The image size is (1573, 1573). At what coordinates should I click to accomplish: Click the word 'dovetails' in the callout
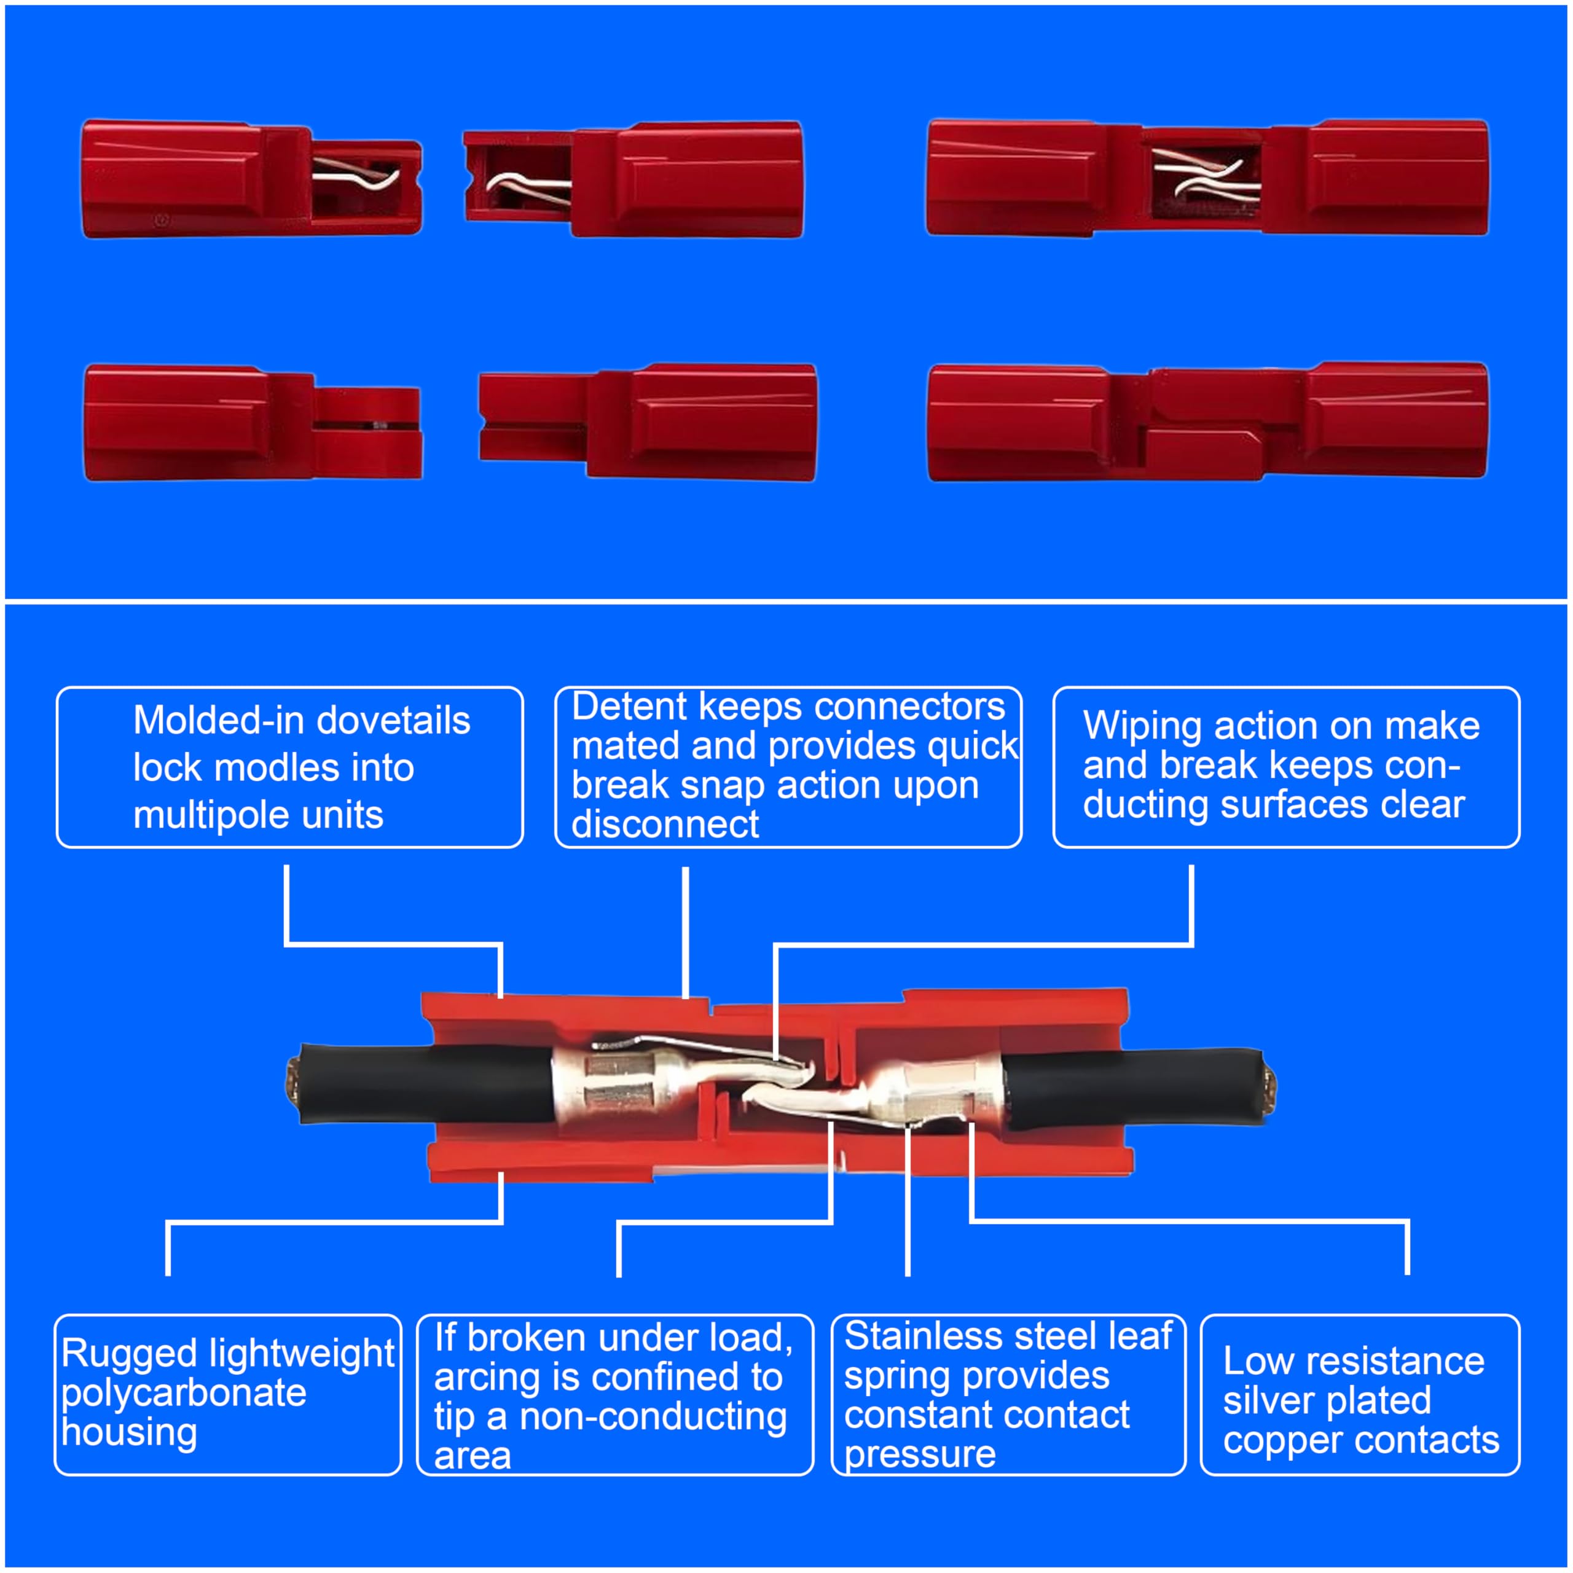pyautogui.click(x=393, y=721)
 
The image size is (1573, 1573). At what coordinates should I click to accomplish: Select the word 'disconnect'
pyautogui.click(x=665, y=824)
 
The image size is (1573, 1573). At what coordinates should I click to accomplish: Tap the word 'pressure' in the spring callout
pyautogui.click(x=920, y=1455)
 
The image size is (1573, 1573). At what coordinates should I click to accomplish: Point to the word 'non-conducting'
pyautogui.click(x=653, y=1417)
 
